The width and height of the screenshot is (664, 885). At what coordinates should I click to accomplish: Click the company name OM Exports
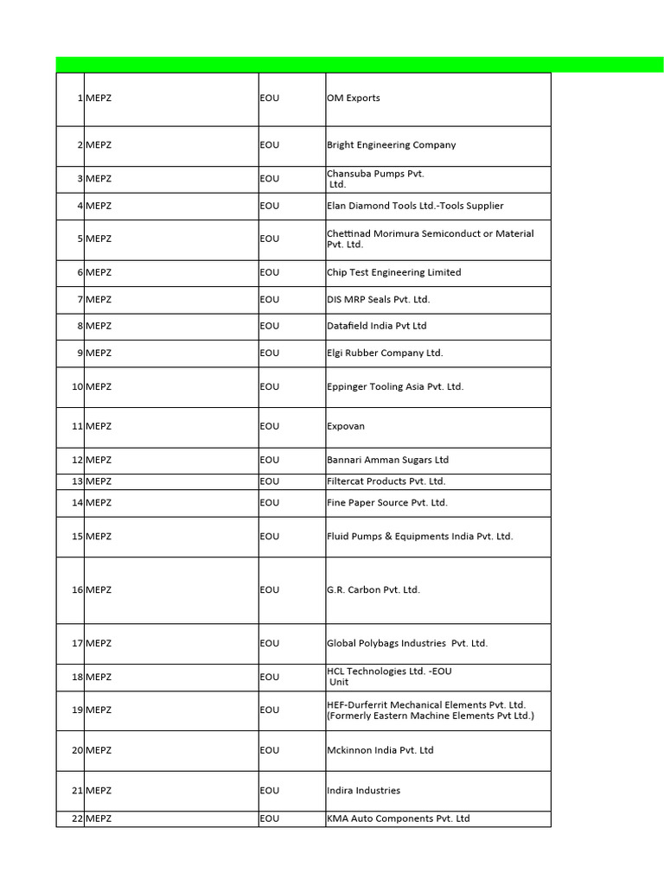(353, 99)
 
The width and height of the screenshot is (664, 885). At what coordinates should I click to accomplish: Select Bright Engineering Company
(391, 145)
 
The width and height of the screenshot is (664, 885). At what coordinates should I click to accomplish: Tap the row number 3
(79, 179)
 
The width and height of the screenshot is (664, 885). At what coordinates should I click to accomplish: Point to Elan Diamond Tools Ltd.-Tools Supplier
(415, 206)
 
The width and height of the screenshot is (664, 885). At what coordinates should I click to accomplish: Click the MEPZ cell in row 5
(99, 239)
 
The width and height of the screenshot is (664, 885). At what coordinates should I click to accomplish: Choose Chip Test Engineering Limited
(393, 272)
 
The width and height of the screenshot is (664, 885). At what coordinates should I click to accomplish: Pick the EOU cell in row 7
(270, 299)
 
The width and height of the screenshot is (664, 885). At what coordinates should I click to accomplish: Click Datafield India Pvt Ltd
(376, 326)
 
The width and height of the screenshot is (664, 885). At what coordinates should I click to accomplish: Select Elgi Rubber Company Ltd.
(384, 353)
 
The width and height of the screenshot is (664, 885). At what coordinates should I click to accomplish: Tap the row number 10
(76, 386)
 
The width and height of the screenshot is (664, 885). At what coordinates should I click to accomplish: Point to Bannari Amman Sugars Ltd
(387, 460)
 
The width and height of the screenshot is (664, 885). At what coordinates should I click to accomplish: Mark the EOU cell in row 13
(270, 481)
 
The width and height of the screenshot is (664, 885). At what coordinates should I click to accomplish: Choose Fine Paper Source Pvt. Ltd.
(386, 502)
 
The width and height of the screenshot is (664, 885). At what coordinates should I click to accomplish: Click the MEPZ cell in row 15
(99, 537)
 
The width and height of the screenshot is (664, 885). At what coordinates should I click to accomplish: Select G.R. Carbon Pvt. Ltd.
(373, 590)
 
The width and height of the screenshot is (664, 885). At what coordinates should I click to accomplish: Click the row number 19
(76, 710)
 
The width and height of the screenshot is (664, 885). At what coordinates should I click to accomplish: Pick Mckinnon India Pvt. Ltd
(380, 750)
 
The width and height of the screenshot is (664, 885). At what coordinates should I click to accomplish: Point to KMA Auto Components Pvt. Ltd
(398, 818)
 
